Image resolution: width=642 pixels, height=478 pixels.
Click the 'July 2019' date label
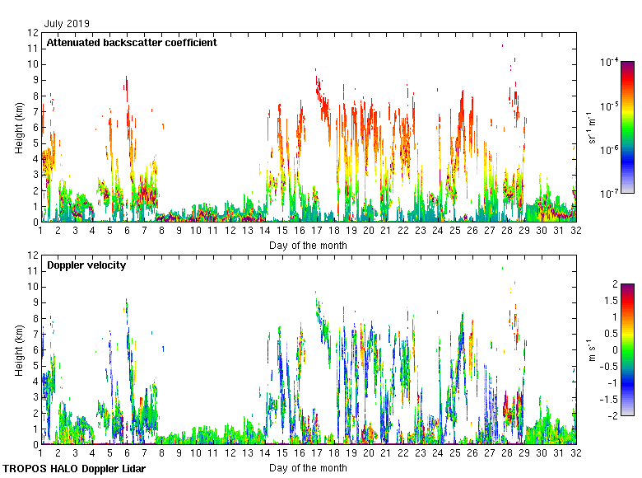coord(67,24)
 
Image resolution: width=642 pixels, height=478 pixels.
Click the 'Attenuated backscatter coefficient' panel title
coord(132,42)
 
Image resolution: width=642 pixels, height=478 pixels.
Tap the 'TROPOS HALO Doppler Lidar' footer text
coord(74,469)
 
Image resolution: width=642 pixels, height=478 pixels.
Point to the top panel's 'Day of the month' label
coord(308,245)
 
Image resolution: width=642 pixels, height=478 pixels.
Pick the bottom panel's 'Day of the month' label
coord(308,467)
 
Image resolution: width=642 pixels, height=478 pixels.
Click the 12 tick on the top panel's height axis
coord(33,33)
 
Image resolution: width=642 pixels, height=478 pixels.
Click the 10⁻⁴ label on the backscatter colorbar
coord(609,62)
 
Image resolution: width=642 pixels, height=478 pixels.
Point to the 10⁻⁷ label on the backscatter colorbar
coord(609,193)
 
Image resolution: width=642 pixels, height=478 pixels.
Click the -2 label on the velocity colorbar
coord(612,415)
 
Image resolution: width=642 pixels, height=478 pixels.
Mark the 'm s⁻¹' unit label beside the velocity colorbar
coord(590,350)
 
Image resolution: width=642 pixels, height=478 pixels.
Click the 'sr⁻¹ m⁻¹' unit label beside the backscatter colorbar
coord(592,128)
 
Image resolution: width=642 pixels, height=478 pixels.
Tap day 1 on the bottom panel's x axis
coord(40,453)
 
